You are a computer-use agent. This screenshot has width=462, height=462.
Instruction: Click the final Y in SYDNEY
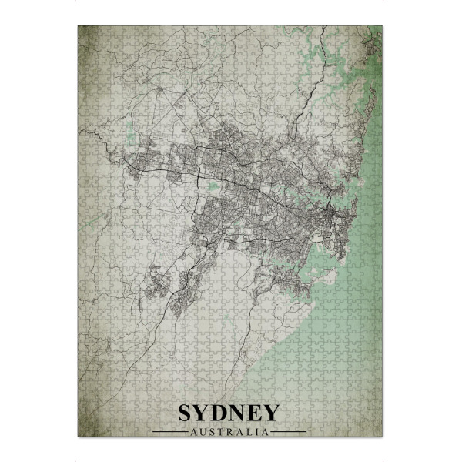[x=274, y=413]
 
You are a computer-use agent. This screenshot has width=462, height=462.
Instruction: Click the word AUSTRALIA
[x=231, y=431]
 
